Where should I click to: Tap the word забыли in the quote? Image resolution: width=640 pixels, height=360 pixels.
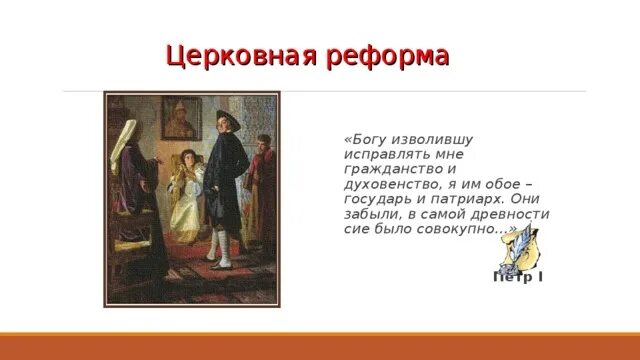click(x=371, y=214)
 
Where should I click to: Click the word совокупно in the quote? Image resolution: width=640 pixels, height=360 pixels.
click(x=469, y=228)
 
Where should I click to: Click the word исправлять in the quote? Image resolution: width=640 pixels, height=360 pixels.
click(x=379, y=156)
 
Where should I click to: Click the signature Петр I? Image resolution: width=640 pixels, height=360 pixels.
click(x=518, y=275)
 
